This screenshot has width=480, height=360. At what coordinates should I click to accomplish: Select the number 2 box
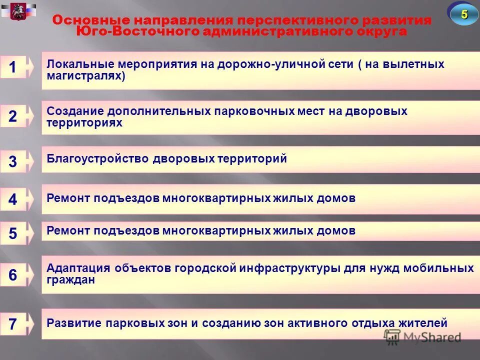point(13,116)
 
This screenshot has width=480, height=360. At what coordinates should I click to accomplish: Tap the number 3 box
point(13,161)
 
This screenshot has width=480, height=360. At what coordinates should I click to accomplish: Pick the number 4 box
point(13,199)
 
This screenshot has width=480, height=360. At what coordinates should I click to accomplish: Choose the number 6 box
point(13,274)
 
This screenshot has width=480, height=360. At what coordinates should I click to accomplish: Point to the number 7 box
point(13,323)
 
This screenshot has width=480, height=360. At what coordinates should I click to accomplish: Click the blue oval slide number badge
point(464,14)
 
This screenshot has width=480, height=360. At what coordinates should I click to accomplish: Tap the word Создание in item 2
point(68,111)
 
